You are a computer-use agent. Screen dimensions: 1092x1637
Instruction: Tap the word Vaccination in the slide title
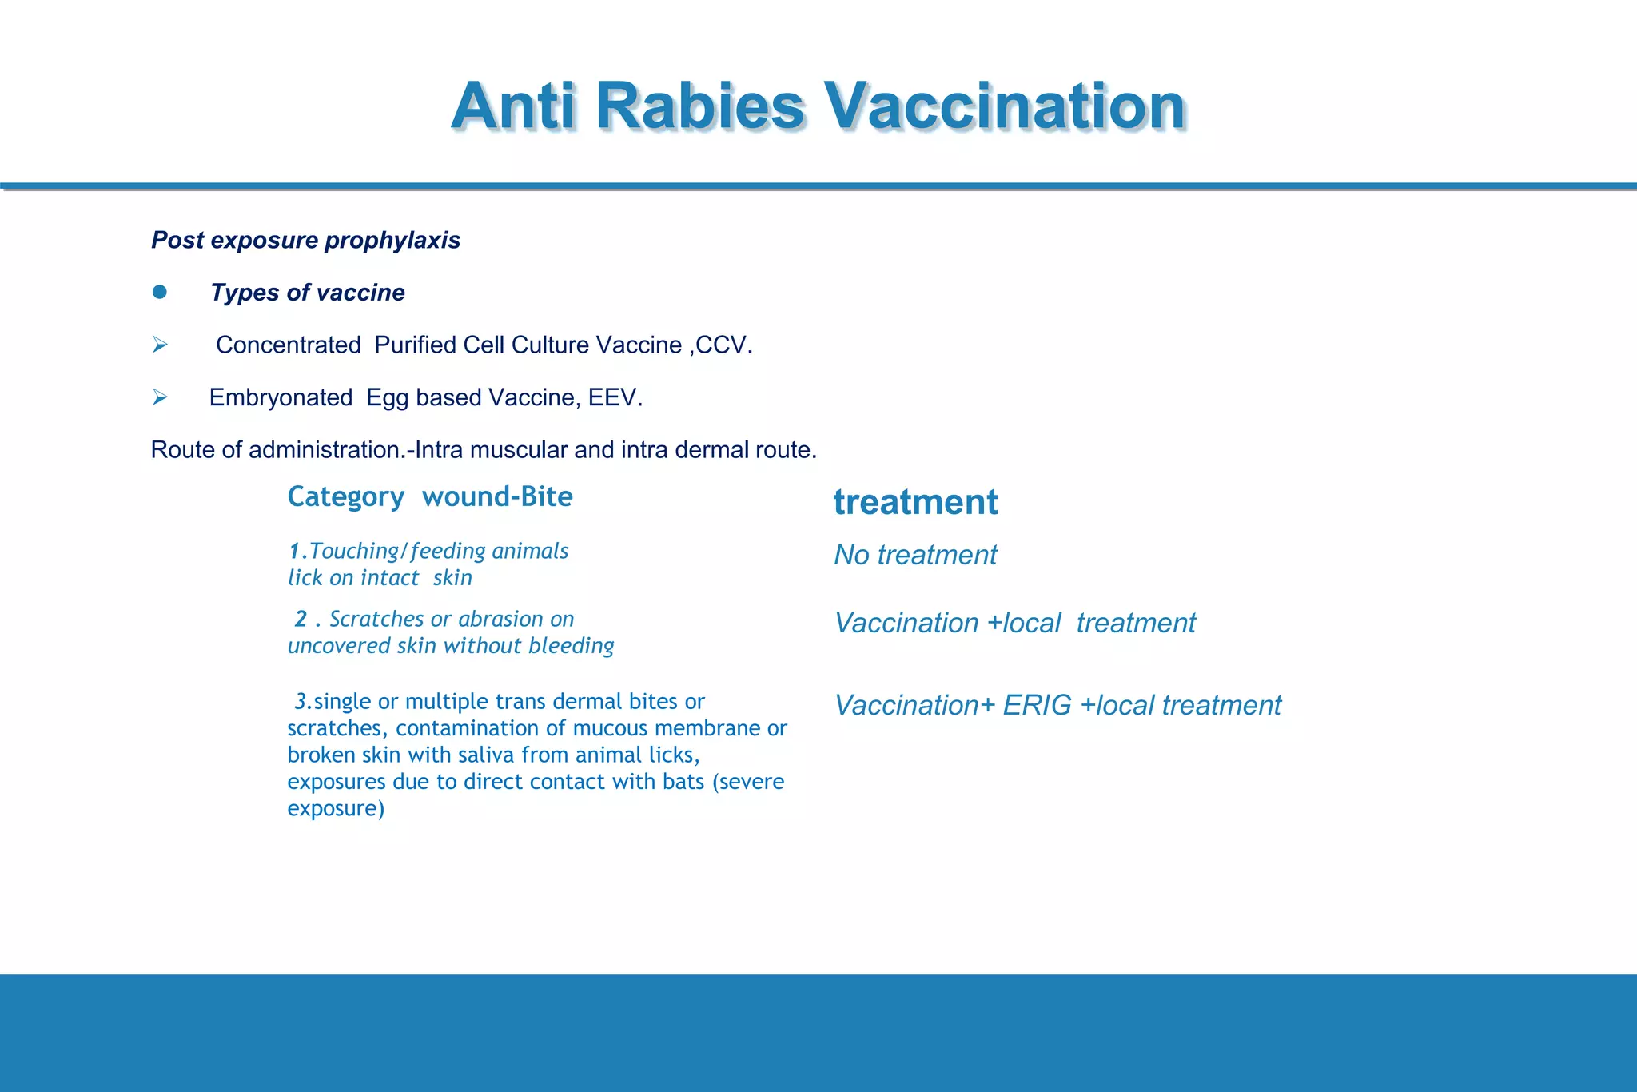click(x=1005, y=106)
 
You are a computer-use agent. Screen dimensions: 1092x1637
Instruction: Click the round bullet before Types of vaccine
click(x=160, y=292)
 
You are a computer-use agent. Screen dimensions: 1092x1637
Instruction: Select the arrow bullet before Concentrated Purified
click(x=160, y=345)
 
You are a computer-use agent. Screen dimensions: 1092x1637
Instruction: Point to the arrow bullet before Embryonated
click(x=160, y=397)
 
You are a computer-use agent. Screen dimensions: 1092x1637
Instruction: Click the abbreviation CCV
click(x=723, y=345)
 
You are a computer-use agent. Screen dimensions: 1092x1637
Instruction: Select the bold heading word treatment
click(x=915, y=502)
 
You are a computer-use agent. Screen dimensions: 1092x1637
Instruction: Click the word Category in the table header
click(x=345, y=497)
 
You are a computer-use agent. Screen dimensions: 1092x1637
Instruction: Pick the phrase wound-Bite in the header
click(x=497, y=496)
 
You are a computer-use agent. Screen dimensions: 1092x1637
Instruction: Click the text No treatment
click(x=915, y=555)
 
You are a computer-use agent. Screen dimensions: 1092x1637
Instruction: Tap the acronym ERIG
click(x=1037, y=705)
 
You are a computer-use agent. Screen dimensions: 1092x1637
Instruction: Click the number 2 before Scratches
click(x=301, y=619)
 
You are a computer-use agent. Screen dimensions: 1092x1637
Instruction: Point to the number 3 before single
click(x=301, y=702)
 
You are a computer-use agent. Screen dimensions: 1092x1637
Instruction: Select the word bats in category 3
click(x=683, y=782)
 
